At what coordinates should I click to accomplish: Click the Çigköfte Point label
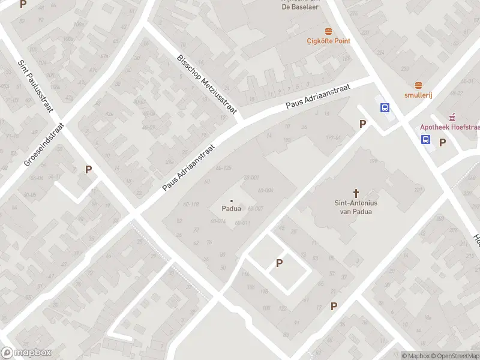click(328, 41)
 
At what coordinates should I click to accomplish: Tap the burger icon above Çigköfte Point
click(328, 31)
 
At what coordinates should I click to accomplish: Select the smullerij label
click(418, 95)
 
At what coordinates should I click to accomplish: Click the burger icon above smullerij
click(418, 86)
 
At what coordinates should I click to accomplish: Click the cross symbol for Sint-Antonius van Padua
click(356, 193)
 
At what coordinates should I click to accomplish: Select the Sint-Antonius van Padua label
click(356, 207)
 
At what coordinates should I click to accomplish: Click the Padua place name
click(232, 209)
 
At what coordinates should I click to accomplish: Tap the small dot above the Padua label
click(232, 200)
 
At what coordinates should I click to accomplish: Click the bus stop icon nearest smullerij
click(385, 108)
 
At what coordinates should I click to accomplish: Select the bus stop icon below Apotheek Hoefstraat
click(425, 140)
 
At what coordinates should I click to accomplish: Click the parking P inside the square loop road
click(279, 263)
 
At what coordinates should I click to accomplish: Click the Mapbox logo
click(26, 353)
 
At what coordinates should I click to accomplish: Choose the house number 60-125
click(223, 167)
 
